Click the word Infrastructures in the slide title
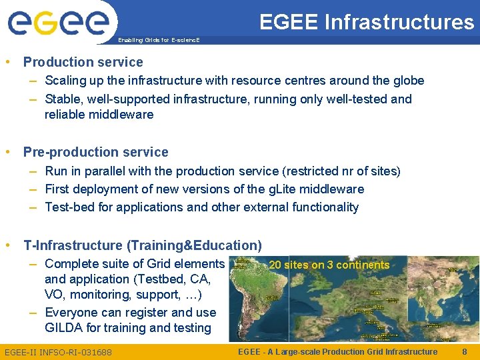399,22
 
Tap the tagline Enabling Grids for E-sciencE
158,40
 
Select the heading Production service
83,62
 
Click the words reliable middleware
99,115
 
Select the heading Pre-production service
95,152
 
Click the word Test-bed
69,207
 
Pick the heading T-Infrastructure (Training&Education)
142,245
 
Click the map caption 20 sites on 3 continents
329,265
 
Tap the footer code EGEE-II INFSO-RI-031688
58,351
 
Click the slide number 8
464,351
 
